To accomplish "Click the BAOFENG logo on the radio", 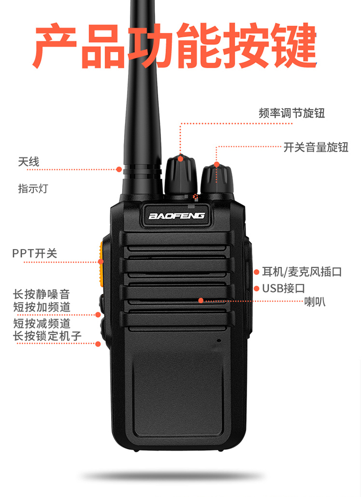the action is [177, 216].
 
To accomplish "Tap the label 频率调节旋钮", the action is [292, 113].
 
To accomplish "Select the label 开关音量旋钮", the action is [316, 147].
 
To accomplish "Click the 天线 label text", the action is [28, 162].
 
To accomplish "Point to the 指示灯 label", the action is [33, 188].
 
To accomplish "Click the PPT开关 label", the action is [35, 253].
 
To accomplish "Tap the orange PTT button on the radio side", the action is [101, 264].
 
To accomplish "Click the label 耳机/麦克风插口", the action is [302, 271].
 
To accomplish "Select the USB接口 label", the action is [283, 288].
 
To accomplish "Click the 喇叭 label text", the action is [315, 301].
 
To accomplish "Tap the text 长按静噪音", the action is [41, 294].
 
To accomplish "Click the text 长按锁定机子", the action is [47, 336].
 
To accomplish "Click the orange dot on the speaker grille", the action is [201, 300].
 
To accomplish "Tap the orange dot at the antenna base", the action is [119, 169].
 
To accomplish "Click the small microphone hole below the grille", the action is [219, 341].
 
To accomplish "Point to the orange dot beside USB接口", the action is [256, 288].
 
